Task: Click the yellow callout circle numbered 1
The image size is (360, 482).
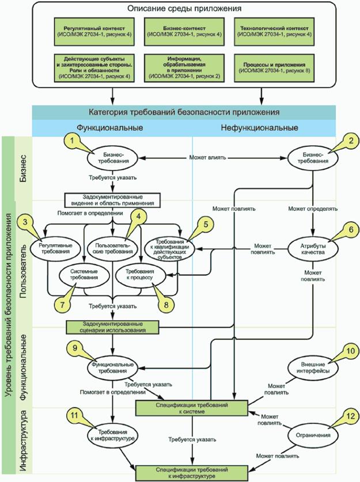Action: (73, 140)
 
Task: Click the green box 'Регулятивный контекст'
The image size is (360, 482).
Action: (82, 30)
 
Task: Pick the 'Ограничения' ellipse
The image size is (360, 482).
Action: (312, 437)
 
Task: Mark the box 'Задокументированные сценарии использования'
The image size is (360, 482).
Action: (112, 327)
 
